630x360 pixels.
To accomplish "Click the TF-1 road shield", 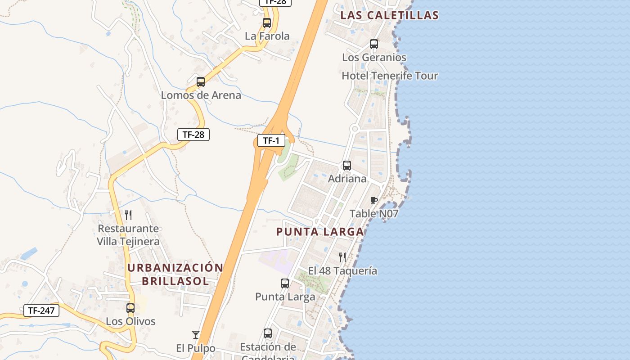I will (271, 141).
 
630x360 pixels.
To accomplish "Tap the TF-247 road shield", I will (41, 310).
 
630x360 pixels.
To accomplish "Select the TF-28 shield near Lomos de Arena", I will (193, 134).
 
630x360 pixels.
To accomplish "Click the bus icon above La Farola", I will (267, 23).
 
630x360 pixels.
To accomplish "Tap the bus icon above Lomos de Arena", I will (201, 82).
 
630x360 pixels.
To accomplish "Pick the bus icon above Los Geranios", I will (374, 44).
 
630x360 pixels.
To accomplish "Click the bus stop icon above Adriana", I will (347, 166).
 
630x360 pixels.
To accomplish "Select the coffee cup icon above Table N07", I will (373, 200).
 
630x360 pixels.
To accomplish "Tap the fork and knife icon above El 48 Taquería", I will (342, 257).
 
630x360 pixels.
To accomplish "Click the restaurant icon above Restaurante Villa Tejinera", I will (128, 215).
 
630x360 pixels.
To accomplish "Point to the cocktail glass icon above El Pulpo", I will (196, 335).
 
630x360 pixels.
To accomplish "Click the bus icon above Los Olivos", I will (130, 308).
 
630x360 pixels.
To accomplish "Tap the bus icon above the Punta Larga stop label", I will (285, 283).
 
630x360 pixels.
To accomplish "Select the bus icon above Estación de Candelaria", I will (268, 333).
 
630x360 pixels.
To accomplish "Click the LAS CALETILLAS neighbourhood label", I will (389, 15).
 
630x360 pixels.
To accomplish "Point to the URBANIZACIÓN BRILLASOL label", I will (175, 274).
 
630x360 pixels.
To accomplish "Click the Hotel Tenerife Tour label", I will (390, 76).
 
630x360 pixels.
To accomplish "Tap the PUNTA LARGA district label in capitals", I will (319, 232).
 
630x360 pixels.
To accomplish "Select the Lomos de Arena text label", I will (201, 95).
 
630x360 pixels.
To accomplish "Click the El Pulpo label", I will (196, 348).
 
